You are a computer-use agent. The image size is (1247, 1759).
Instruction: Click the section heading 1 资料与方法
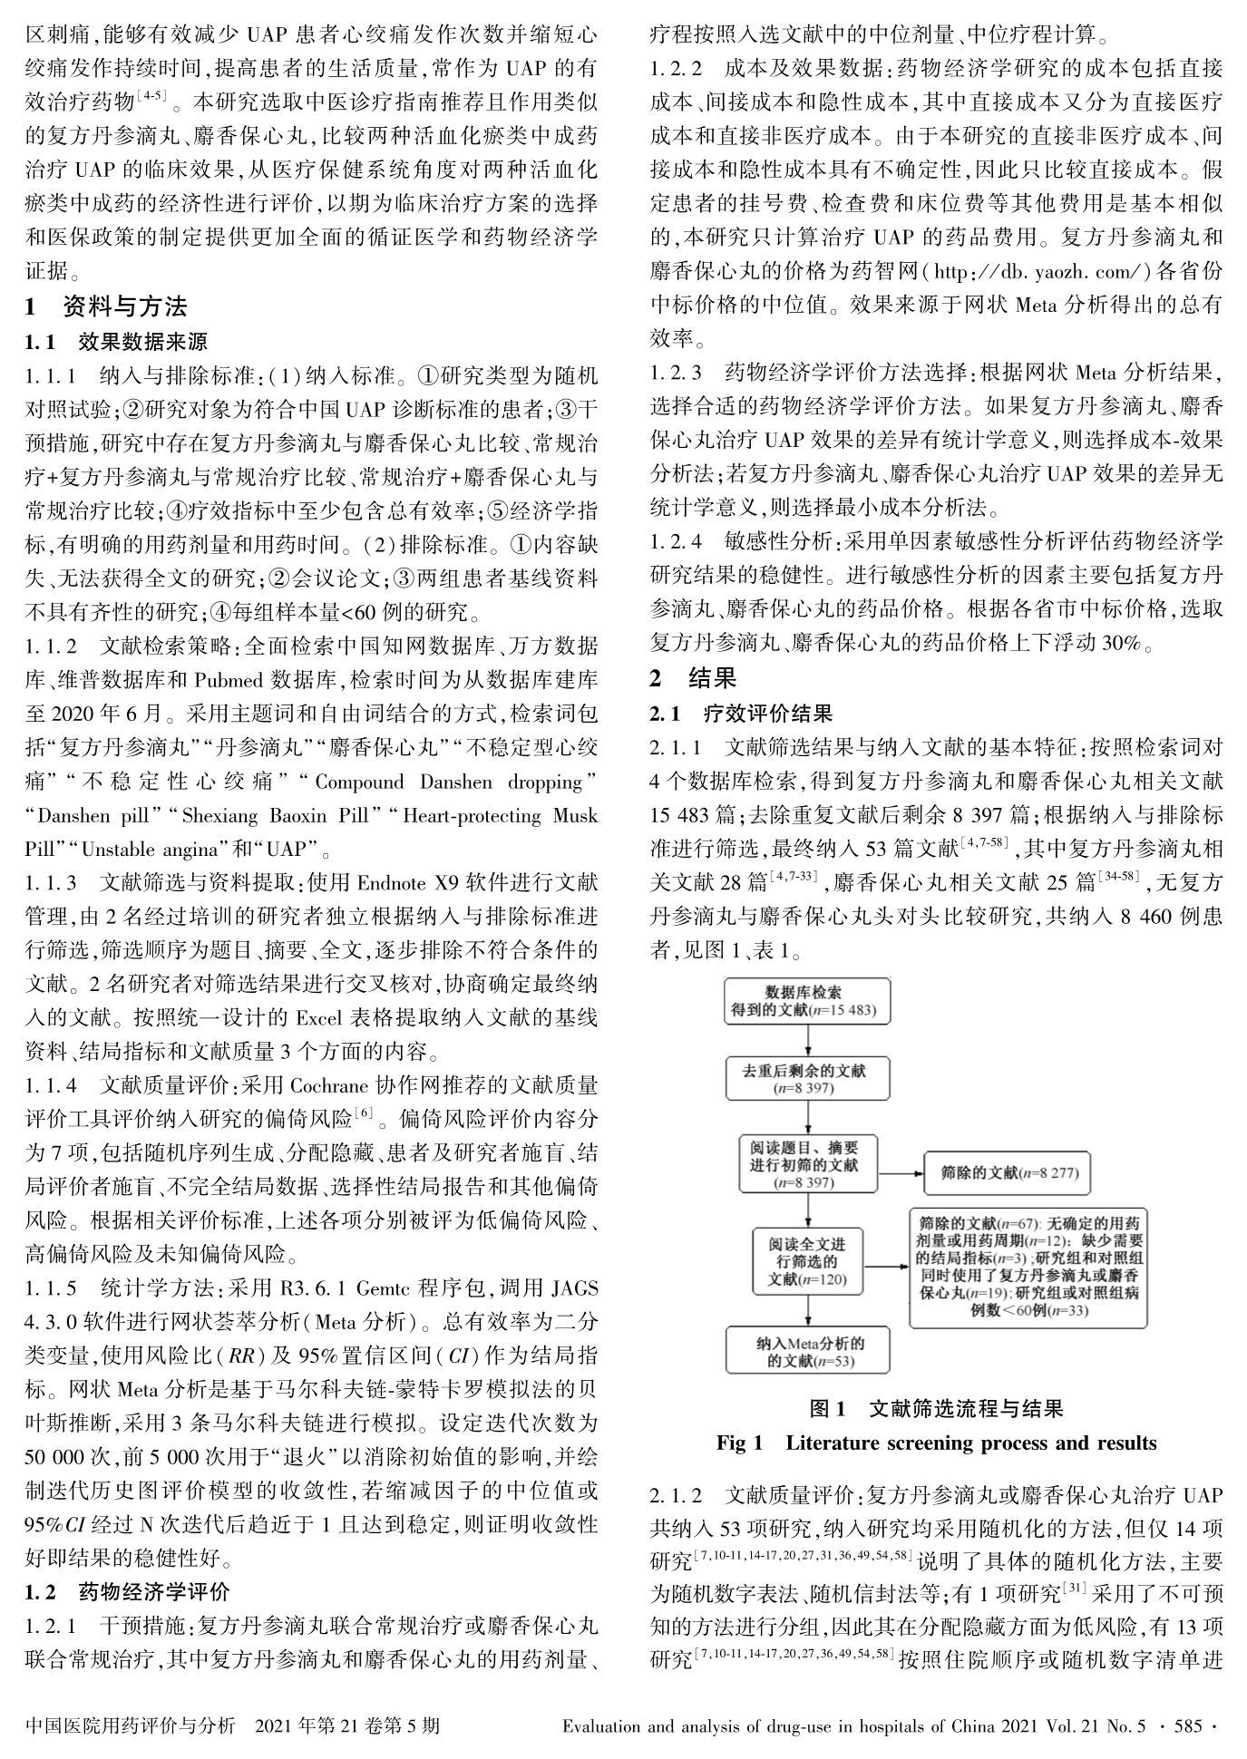[106, 307]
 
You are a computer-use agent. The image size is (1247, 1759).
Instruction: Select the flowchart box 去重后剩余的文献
[804, 1079]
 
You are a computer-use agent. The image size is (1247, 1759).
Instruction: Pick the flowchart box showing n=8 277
[1007, 1172]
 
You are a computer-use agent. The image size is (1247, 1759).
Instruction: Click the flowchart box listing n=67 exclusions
[1028, 1266]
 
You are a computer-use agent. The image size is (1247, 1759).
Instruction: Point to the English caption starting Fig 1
[936, 1443]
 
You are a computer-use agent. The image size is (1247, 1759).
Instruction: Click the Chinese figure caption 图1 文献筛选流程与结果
[936, 1408]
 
